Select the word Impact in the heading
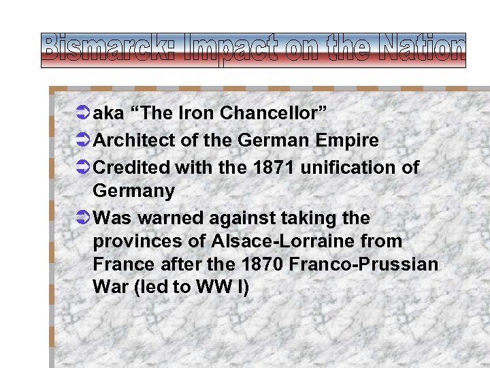click(x=225, y=50)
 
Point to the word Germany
click(x=134, y=191)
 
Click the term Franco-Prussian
click(x=375, y=264)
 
